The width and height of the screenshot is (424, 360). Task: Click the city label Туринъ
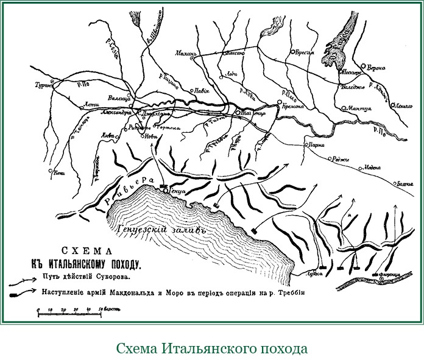pyautogui.click(x=44, y=86)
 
